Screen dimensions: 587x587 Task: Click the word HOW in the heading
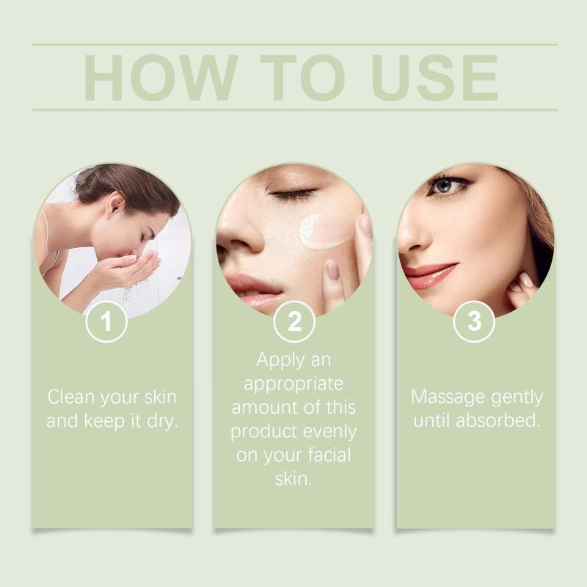tap(161, 78)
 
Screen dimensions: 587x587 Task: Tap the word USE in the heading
tap(434, 78)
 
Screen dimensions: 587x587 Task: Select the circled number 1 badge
tap(106, 321)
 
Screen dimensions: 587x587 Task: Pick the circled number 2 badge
tap(294, 321)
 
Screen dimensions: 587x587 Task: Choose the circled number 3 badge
tap(474, 321)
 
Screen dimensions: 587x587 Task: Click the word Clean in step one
tap(71, 397)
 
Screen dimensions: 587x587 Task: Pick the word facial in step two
tap(329, 455)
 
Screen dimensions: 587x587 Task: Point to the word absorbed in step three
tap(497, 420)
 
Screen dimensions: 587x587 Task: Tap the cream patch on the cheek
tap(324, 231)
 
